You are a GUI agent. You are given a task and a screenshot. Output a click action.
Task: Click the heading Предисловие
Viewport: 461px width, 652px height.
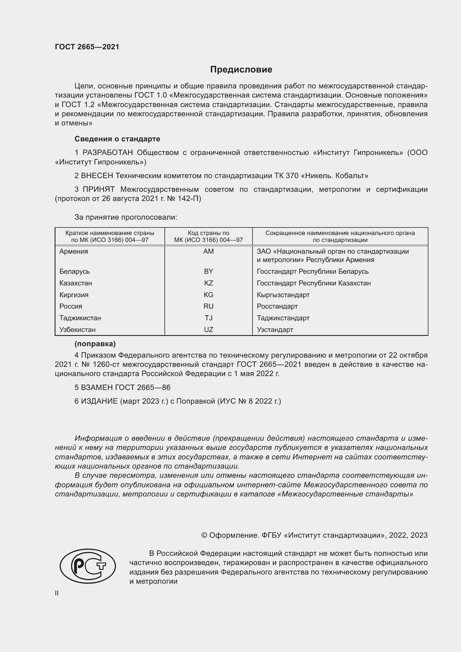pos(241,70)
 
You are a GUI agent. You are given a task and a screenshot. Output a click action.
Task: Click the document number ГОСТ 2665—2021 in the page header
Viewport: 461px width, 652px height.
pos(87,47)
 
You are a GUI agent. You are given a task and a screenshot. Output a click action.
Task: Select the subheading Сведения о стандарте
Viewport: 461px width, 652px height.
pos(117,139)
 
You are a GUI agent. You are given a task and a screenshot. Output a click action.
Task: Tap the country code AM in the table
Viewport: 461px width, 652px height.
pos(208,251)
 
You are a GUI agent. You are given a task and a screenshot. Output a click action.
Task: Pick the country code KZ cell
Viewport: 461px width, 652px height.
pos(208,283)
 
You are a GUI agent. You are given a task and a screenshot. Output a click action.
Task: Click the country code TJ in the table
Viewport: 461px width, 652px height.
pos(208,318)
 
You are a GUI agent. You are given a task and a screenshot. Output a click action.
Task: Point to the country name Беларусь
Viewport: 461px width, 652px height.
pos(74,272)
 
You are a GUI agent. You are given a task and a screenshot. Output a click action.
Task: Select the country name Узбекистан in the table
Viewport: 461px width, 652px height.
pos(77,330)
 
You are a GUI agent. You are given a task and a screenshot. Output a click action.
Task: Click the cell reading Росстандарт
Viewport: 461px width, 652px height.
pos(277,306)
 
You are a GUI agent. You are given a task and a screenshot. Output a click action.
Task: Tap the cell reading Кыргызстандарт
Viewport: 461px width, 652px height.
pos(283,295)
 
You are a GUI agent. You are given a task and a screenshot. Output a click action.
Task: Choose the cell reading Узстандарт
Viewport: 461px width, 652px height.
pos(275,330)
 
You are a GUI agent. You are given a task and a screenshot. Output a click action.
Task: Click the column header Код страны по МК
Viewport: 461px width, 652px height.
pos(208,237)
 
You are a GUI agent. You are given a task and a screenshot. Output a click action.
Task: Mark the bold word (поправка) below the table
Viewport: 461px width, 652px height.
pos(95,344)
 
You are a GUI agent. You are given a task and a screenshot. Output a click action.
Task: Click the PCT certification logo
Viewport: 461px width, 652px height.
pos(88,566)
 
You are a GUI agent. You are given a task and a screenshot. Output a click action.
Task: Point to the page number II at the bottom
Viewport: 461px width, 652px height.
pos(57,593)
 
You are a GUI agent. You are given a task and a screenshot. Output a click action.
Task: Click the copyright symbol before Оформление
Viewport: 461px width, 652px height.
pos(204,535)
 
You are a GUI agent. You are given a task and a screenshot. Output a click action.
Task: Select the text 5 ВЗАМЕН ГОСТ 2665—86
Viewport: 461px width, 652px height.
pos(122,388)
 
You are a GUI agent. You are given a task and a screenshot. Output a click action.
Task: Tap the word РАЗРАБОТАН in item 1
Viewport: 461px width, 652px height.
pos(108,153)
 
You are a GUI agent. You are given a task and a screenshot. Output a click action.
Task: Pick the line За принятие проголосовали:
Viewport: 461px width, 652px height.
pos(126,217)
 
